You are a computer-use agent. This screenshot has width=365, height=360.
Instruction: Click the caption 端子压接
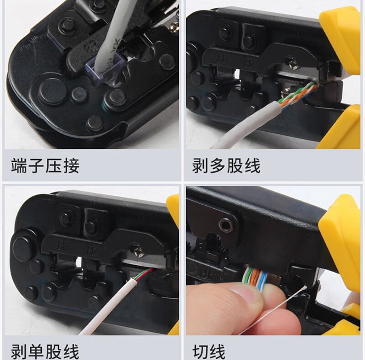point(45,165)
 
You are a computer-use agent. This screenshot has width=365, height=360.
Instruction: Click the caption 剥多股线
point(226,165)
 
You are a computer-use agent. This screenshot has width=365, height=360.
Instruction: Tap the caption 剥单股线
point(45,352)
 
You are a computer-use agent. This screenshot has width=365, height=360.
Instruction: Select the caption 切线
point(209,352)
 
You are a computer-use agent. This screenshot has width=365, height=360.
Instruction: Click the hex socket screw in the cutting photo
point(226,225)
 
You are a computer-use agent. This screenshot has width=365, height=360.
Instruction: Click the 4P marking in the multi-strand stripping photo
point(250,63)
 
